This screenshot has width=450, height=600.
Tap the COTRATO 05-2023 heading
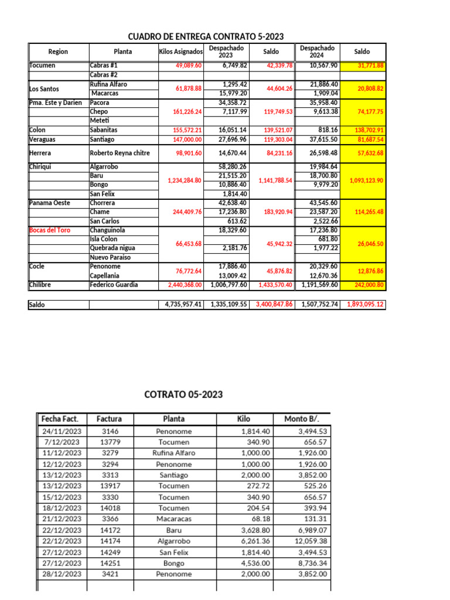pos(183,394)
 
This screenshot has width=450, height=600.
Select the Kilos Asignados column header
pos(181,52)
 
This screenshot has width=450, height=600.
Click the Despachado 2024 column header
pos(316,52)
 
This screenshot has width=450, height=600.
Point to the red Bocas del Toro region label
pos(50,230)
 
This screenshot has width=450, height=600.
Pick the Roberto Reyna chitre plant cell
pos(120,153)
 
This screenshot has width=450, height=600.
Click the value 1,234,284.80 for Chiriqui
pos(180,180)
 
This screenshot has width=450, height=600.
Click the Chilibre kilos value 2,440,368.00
pos(180,285)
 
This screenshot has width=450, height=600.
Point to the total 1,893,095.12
pos(364,305)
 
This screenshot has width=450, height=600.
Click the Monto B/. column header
pos(304,418)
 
